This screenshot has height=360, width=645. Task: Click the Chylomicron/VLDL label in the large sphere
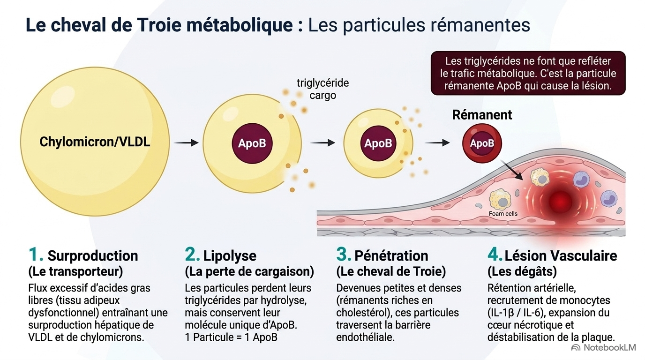(x=95, y=142)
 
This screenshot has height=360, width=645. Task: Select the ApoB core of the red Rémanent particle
(x=482, y=143)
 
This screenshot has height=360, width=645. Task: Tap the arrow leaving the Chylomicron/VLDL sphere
(x=186, y=142)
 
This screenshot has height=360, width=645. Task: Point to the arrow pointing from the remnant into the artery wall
(x=512, y=170)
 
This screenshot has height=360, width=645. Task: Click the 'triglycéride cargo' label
(x=323, y=89)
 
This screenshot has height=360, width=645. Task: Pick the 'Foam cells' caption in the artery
(x=503, y=214)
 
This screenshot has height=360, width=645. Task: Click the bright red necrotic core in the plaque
(x=560, y=202)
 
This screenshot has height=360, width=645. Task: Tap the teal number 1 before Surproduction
(x=35, y=255)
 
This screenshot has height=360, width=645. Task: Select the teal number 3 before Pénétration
(x=344, y=255)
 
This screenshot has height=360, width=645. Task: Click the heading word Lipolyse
(x=230, y=256)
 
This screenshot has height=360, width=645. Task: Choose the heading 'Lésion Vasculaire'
(x=561, y=256)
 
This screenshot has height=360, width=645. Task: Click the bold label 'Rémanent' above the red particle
(x=482, y=115)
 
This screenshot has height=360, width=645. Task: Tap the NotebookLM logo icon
(x=576, y=348)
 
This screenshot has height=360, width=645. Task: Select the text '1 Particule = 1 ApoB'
(x=231, y=337)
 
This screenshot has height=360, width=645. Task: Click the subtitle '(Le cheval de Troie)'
(x=391, y=271)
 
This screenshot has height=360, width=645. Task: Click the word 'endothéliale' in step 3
(x=365, y=337)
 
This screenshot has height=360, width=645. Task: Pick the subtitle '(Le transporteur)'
(x=76, y=271)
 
